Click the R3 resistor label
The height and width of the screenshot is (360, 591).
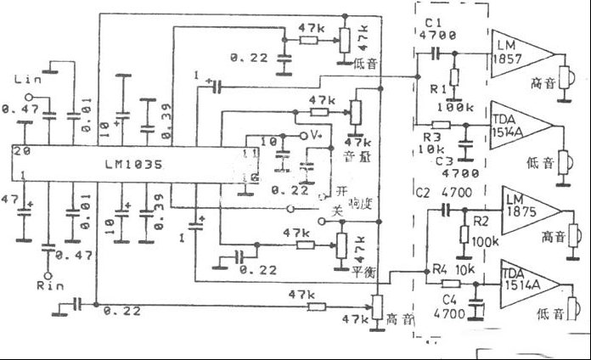click(431, 135)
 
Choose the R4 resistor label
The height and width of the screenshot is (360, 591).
click(439, 270)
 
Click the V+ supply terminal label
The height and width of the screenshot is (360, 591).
click(316, 134)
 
